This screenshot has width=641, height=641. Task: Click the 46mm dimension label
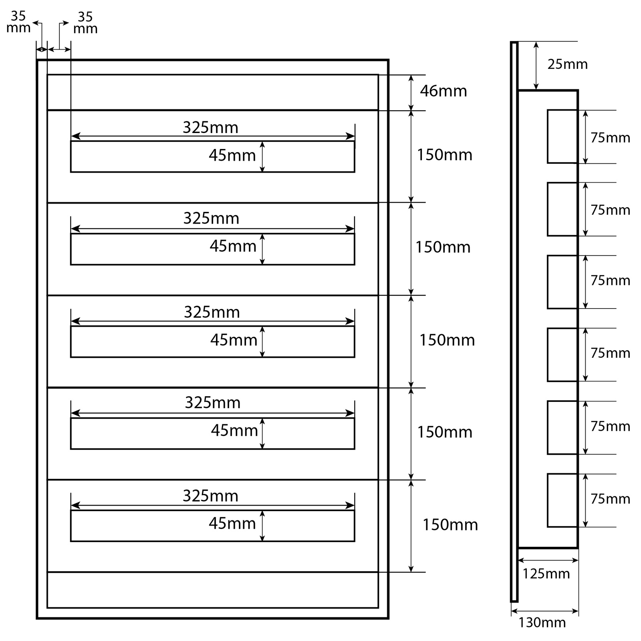(443, 91)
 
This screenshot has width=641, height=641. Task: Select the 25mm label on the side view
(567, 64)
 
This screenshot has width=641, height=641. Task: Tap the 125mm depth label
(546, 574)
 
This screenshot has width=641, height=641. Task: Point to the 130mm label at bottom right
(542, 622)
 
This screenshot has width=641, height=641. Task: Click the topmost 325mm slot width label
(210, 127)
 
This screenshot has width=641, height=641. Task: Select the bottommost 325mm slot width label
(210, 496)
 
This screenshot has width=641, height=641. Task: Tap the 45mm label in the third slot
(234, 340)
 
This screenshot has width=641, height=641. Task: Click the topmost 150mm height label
(445, 155)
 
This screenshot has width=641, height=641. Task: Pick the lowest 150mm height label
(450, 524)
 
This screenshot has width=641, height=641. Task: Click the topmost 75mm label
(610, 137)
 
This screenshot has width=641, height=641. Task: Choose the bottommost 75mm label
(610, 499)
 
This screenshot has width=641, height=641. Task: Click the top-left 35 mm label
(18, 22)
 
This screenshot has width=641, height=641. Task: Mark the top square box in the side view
(562, 137)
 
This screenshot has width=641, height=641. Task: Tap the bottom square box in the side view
(562, 500)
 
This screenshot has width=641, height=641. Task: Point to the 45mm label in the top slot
(232, 155)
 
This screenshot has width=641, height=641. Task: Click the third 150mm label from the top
(447, 340)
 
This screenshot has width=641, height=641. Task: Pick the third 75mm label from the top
(610, 280)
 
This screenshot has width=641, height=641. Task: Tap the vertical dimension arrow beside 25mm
(536, 66)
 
